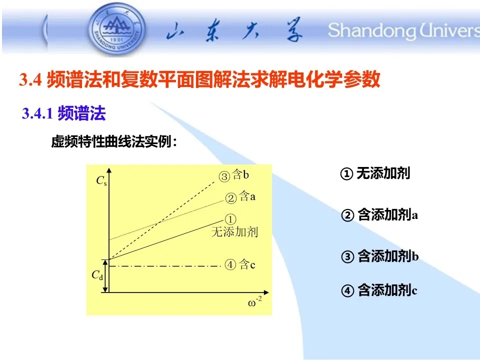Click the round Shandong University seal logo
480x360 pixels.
(116, 29)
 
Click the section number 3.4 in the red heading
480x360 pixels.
(30, 79)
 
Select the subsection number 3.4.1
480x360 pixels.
(37, 113)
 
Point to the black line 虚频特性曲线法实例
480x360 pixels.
(114, 141)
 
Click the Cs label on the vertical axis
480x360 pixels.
(101, 180)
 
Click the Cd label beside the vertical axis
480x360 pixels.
(97, 275)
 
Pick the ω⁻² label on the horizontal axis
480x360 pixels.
(254, 302)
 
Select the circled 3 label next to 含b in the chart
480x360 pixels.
(224, 176)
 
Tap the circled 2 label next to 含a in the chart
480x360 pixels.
(231, 198)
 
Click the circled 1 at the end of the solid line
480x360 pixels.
(230, 219)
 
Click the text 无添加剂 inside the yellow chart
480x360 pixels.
(235, 231)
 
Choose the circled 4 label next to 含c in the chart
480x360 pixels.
(230, 264)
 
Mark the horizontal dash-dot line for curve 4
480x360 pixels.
(165, 266)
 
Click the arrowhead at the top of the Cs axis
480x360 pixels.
(109, 170)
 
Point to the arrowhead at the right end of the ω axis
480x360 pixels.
(266, 292)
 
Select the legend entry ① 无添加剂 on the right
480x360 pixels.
(375, 173)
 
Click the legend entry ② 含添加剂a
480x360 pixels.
(379, 214)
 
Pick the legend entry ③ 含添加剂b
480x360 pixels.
(379, 256)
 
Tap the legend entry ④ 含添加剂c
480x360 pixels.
(379, 290)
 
